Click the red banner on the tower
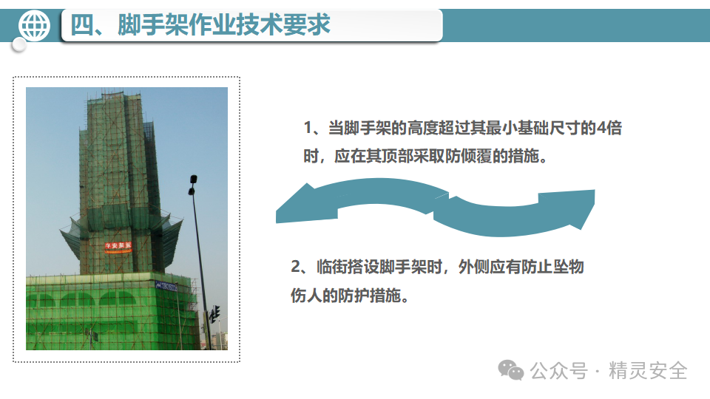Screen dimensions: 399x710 [118, 246]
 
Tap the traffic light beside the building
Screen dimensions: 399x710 [214, 314]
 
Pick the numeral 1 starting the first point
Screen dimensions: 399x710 [308, 128]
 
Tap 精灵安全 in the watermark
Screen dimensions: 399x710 [648, 370]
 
